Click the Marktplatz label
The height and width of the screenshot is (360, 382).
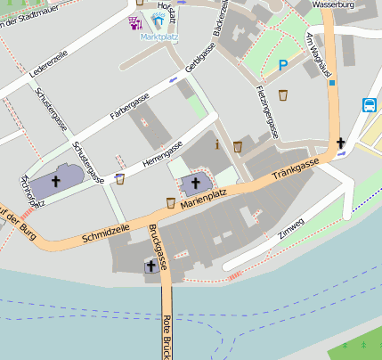[158, 37]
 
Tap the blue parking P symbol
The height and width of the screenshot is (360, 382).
[283, 64]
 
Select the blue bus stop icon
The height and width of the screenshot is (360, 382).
[370, 104]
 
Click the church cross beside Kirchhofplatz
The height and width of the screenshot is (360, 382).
[57, 180]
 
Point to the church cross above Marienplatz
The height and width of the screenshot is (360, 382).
[196, 184]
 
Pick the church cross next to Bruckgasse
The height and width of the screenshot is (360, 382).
[150, 266]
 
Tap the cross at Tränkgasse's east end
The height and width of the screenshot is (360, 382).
[340, 143]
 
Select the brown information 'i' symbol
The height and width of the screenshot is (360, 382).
[216, 143]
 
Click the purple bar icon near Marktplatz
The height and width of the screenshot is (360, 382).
[135, 22]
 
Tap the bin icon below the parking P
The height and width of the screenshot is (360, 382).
[283, 94]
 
